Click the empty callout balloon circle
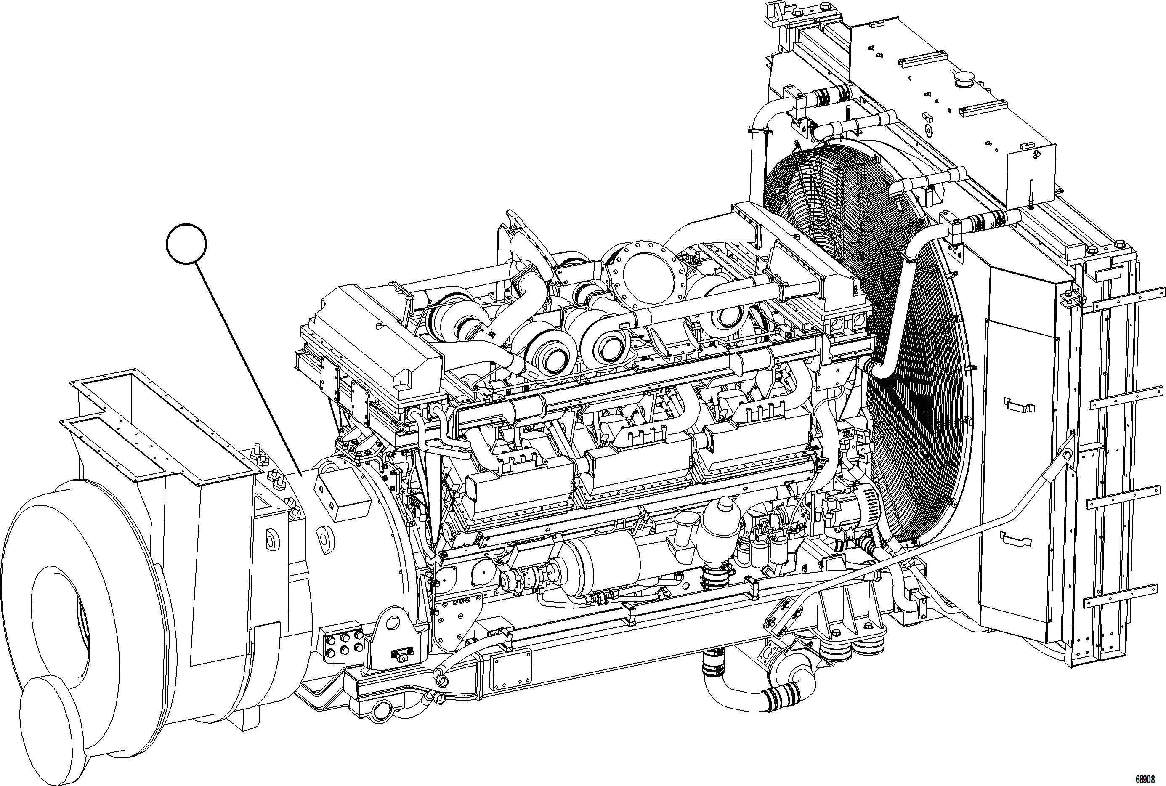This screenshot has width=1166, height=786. pos(186,244)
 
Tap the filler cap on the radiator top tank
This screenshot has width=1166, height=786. pos(964,80)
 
